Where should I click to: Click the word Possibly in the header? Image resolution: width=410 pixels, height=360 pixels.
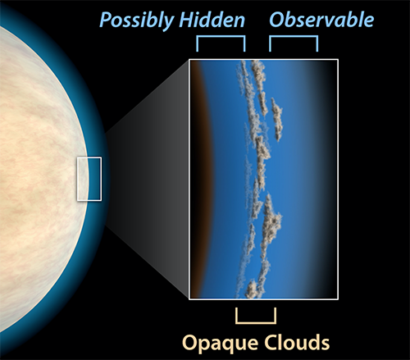(x=138, y=21)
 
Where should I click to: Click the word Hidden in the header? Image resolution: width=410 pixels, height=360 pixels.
(x=212, y=20)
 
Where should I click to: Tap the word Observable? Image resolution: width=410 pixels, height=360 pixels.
(x=321, y=20)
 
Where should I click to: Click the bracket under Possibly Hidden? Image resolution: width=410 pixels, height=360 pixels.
(x=221, y=37)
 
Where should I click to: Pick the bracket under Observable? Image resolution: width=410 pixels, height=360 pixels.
(x=294, y=37)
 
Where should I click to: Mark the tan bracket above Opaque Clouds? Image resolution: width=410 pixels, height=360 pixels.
(x=256, y=322)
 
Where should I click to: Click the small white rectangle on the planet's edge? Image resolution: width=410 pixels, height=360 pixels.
(x=77, y=179)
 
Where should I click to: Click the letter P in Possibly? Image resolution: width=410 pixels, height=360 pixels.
(x=106, y=20)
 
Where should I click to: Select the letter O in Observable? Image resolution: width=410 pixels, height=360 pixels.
(x=277, y=20)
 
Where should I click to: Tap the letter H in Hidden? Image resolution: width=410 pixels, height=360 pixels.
(x=188, y=20)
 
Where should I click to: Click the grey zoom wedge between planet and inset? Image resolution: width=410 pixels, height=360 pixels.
(x=148, y=179)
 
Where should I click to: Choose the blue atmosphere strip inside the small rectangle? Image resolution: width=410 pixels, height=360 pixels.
(x=95, y=179)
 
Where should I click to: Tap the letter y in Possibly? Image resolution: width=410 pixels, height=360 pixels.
(x=169, y=23)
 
